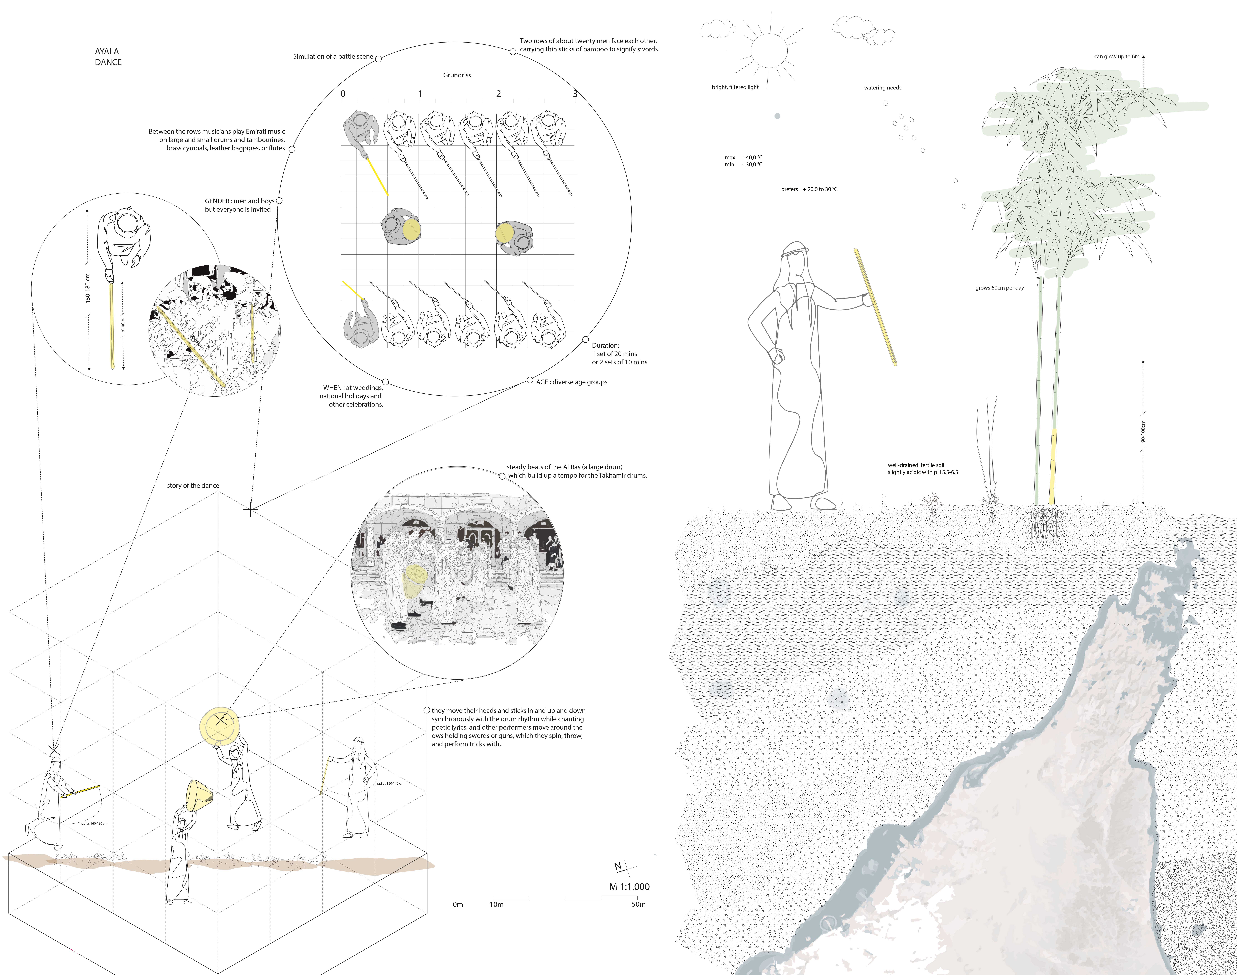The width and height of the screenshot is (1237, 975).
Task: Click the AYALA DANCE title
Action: coord(108,57)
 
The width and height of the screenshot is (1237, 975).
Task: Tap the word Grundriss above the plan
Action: coord(457,75)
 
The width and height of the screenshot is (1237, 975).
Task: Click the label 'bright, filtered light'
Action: coord(735,87)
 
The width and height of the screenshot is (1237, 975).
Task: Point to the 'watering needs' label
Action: coord(882,88)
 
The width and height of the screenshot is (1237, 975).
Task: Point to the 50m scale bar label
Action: coord(639,904)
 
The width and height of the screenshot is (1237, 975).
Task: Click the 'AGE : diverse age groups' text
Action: coord(571,382)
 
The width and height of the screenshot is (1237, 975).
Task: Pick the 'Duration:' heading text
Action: coord(605,345)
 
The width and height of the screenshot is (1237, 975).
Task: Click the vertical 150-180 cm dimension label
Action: coord(88,288)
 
